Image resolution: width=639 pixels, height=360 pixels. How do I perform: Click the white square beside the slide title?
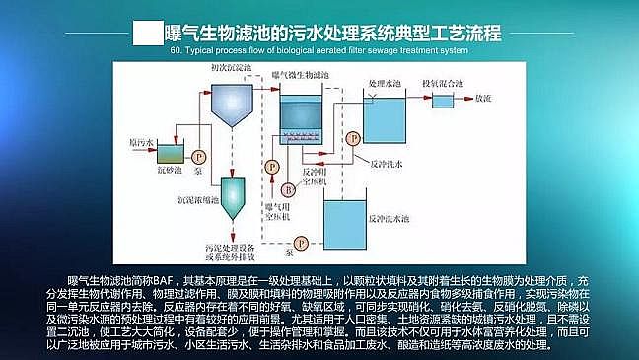[x=147, y=33]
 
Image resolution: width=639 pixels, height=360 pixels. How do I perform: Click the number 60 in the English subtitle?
[x=177, y=48]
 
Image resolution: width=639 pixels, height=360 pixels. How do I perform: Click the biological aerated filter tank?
[x=310, y=123]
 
